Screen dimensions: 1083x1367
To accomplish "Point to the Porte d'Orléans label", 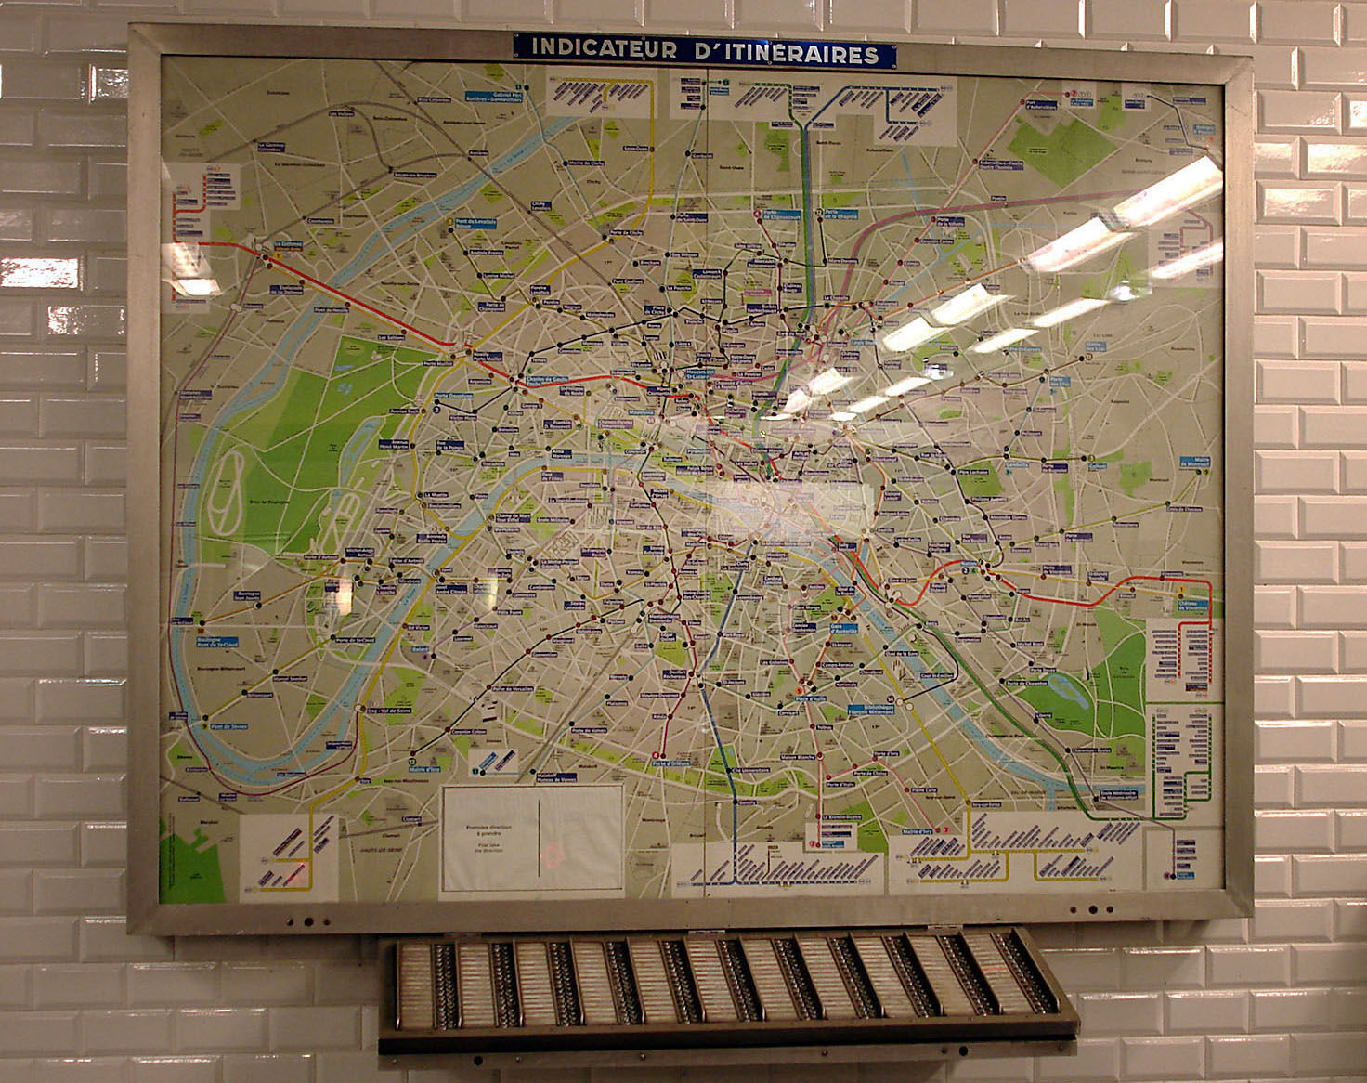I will pyautogui.click(x=673, y=763).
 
